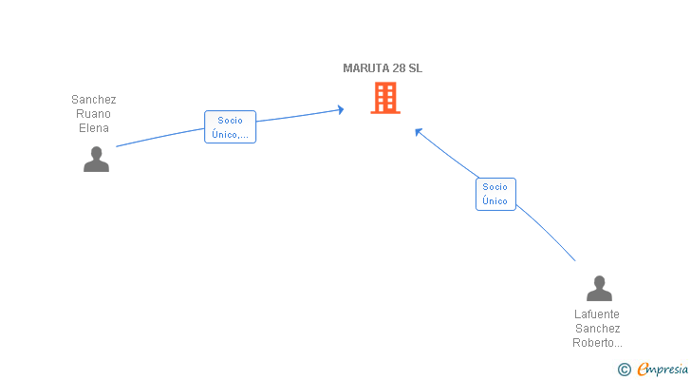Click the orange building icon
coord(385,98)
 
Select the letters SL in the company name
coord(415,68)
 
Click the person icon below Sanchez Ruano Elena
coord(96,160)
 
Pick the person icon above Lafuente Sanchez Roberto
coord(599,288)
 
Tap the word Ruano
coord(93,114)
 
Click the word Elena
coord(93,128)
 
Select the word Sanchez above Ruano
coord(93,100)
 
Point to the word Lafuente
coord(597,314)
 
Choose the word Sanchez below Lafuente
coord(598,329)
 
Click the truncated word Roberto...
coord(597,343)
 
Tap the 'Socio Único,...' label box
coord(230,127)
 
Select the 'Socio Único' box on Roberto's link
coord(495,194)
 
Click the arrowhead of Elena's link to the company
coord(341,110)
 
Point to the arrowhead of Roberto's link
coord(419,131)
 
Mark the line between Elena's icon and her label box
coord(160,137)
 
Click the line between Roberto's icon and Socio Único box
coord(547,232)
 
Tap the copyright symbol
coord(625,370)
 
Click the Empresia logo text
coord(663,370)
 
